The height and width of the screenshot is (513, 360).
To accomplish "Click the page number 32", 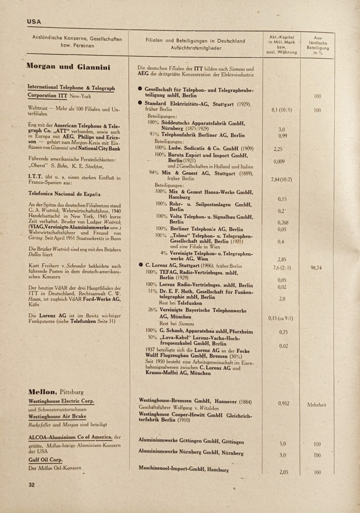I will point(31,484).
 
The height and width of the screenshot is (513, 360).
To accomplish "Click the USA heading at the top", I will point(34,22).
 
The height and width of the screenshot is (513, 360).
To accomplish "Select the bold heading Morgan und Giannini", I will point(69,66).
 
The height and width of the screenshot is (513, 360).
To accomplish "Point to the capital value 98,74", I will point(316,268).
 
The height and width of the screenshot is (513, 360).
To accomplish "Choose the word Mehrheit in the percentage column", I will point(316,404).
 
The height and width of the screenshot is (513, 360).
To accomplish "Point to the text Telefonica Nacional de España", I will point(65,193).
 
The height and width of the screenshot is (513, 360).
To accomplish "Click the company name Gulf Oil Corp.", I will point(45,459).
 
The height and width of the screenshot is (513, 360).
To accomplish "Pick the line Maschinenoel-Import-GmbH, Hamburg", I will point(184,470).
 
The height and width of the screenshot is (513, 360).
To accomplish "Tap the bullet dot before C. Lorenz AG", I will point(141,265).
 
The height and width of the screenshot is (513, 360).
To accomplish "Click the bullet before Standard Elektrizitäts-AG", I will point(141,103).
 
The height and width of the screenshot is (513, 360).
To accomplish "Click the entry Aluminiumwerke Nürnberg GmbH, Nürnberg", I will point(191,452).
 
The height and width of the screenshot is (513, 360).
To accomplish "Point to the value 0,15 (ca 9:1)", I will point(281,318).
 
